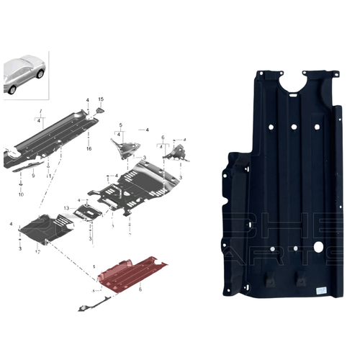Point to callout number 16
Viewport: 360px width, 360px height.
89,148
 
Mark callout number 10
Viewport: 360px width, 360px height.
21,195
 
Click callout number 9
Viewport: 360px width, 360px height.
32,174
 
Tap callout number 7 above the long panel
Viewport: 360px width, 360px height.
41,113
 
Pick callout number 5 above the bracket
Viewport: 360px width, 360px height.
120,125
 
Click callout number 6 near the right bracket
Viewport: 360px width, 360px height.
163,137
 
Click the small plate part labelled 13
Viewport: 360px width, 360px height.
90,214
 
